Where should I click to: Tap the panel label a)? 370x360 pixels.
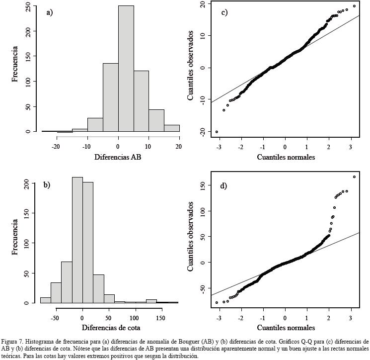[50, 13]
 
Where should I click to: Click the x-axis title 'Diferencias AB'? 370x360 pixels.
[118, 158]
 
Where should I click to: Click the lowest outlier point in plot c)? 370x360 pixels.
[217, 132]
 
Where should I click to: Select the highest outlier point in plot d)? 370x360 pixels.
[354, 177]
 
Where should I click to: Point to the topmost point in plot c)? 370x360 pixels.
[354, 6]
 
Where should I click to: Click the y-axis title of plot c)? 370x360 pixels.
[191, 66]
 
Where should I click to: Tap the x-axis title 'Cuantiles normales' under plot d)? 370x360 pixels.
[285, 327]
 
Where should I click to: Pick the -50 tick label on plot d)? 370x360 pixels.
[201, 288]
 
